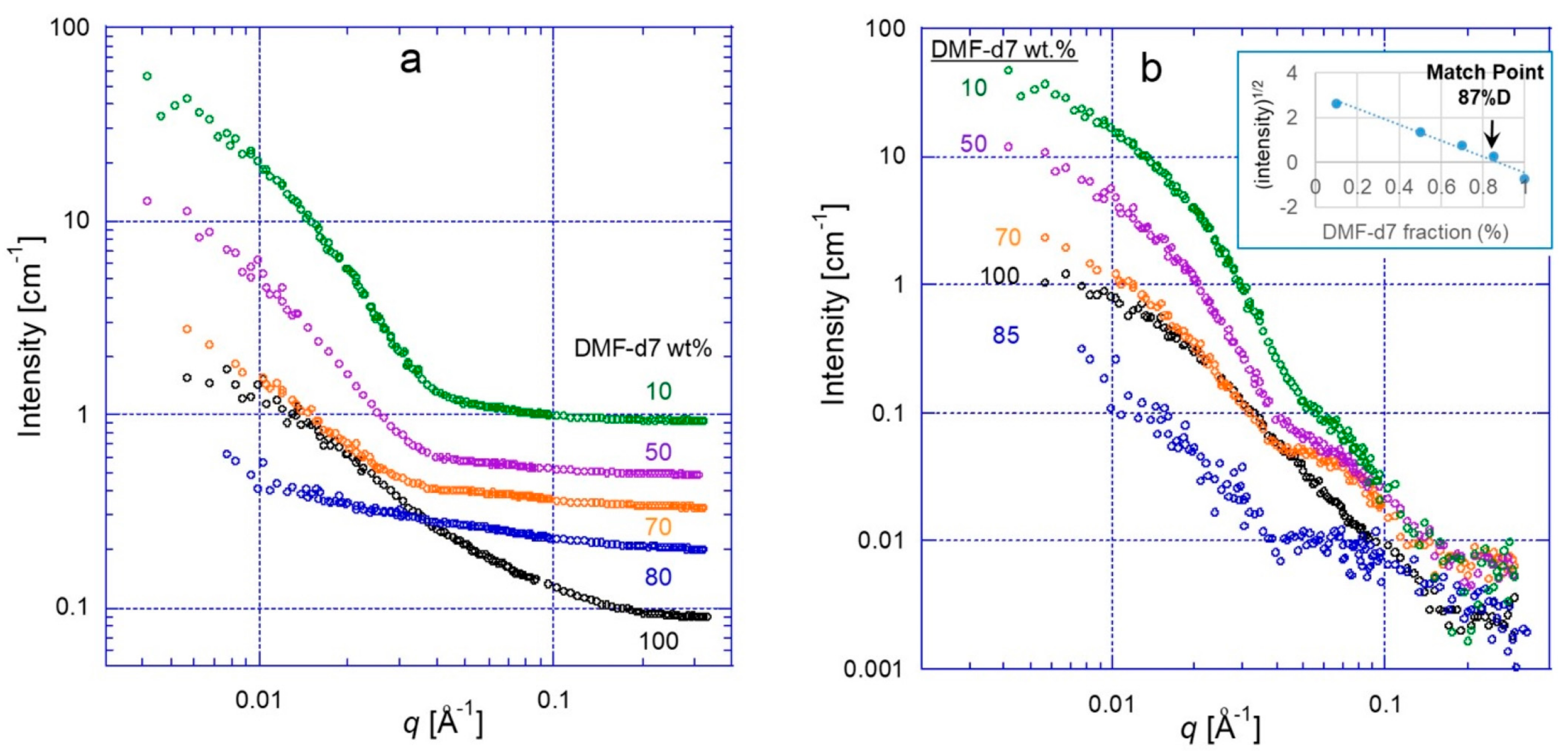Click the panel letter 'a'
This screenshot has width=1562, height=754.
pyautogui.click(x=411, y=61)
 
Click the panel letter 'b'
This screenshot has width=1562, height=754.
pyautogui.click(x=1151, y=69)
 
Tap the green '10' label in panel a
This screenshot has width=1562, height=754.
pyautogui.click(x=658, y=391)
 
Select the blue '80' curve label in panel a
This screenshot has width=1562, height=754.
pyautogui.click(x=658, y=577)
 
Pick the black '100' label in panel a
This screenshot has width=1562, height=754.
pyautogui.click(x=659, y=641)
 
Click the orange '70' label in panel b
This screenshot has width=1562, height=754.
pyautogui.click(x=1008, y=237)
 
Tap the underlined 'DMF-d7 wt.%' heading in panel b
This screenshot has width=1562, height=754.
pyautogui.click(x=1003, y=49)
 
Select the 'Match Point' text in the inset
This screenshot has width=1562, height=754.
pyautogui.click(x=1484, y=72)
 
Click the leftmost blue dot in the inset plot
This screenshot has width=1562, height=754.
pyautogui.click(x=1336, y=104)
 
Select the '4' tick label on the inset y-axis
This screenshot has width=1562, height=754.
pyautogui.click(x=1292, y=73)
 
